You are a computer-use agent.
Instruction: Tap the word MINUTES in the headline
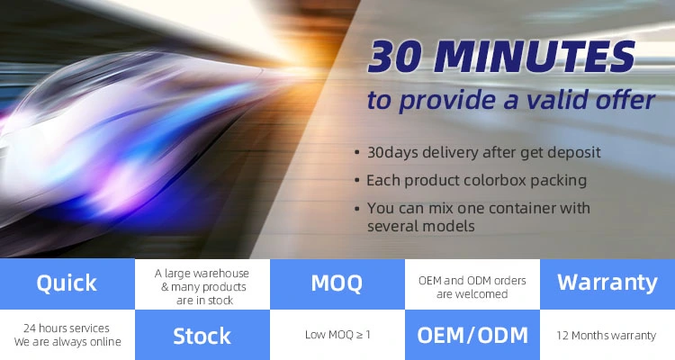click(535, 57)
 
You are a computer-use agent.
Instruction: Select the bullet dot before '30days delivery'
click(357, 152)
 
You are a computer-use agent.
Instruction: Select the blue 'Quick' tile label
click(67, 283)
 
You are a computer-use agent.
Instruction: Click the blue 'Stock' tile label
click(202, 336)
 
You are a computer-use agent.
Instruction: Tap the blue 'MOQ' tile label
click(337, 283)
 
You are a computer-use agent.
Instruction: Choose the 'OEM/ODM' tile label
click(472, 336)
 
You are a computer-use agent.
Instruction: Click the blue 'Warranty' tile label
click(607, 283)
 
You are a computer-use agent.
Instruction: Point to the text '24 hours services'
click(67, 328)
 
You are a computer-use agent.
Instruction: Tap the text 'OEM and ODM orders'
click(472, 281)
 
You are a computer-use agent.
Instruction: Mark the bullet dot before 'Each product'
click(357, 180)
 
